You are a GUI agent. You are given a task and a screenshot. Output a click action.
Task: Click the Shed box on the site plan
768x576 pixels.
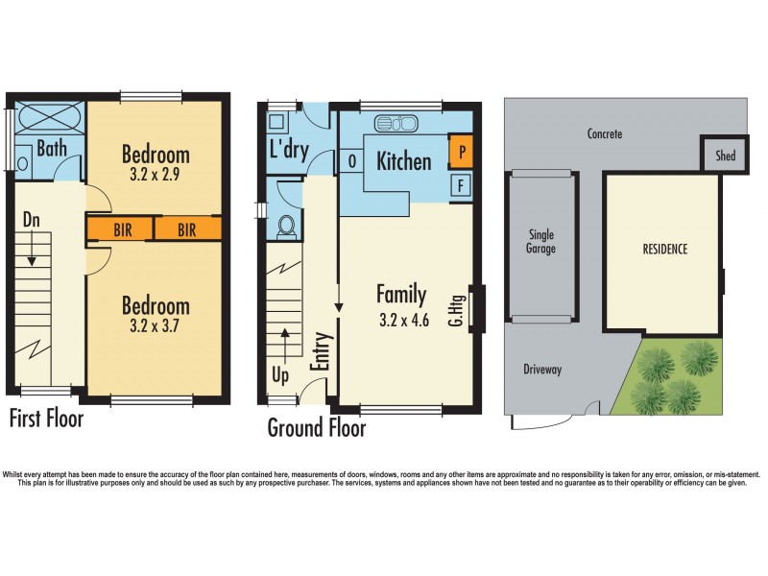[x=726, y=155]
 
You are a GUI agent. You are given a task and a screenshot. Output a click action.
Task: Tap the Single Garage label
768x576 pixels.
[x=541, y=241]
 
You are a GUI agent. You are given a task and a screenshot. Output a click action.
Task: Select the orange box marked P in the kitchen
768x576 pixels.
[x=461, y=152]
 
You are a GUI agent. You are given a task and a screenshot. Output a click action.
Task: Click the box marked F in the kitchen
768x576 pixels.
[x=461, y=184]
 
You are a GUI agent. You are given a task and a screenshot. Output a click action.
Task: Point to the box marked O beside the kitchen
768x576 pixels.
[x=351, y=160]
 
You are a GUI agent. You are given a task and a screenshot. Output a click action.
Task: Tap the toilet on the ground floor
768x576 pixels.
[x=285, y=226]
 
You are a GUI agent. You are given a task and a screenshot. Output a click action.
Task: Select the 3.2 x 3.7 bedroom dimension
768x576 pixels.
[x=156, y=326]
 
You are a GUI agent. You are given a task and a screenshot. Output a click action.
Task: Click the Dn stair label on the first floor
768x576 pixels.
[x=32, y=220]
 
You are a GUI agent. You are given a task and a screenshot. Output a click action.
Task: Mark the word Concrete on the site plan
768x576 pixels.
[x=605, y=134]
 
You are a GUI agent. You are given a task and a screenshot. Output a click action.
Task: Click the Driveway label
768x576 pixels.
[x=542, y=369]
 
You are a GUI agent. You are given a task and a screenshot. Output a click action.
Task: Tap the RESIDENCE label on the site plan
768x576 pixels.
[x=664, y=250]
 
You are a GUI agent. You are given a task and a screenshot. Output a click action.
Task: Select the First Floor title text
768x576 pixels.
[x=46, y=419]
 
